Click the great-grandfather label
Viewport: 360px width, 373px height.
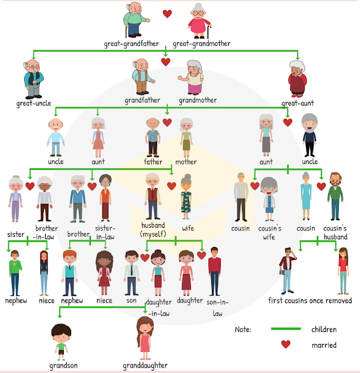point(131,44)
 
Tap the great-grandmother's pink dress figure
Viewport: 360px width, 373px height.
point(199,21)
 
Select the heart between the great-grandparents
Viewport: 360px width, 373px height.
point(167,14)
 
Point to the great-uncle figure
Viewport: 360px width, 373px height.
point(34,79)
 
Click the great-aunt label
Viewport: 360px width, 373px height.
point(297,103)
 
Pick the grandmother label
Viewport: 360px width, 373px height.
point(197,101)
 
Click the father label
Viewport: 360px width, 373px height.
point(153,161)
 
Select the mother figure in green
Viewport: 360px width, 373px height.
point(186,137)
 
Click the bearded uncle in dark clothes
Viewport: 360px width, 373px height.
point(309,135)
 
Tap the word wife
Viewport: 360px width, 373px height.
point(188,228)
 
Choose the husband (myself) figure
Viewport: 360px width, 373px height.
point(152,196)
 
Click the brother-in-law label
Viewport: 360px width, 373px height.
point(45,233)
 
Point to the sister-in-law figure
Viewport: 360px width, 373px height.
point(105,198)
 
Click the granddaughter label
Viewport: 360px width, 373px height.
point(145,366)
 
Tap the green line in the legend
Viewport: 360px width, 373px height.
point(286,329)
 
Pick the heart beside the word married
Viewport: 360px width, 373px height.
point(285,344)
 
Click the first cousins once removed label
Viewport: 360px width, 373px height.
point(310,301)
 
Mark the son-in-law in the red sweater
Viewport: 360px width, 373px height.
point(214,271)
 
